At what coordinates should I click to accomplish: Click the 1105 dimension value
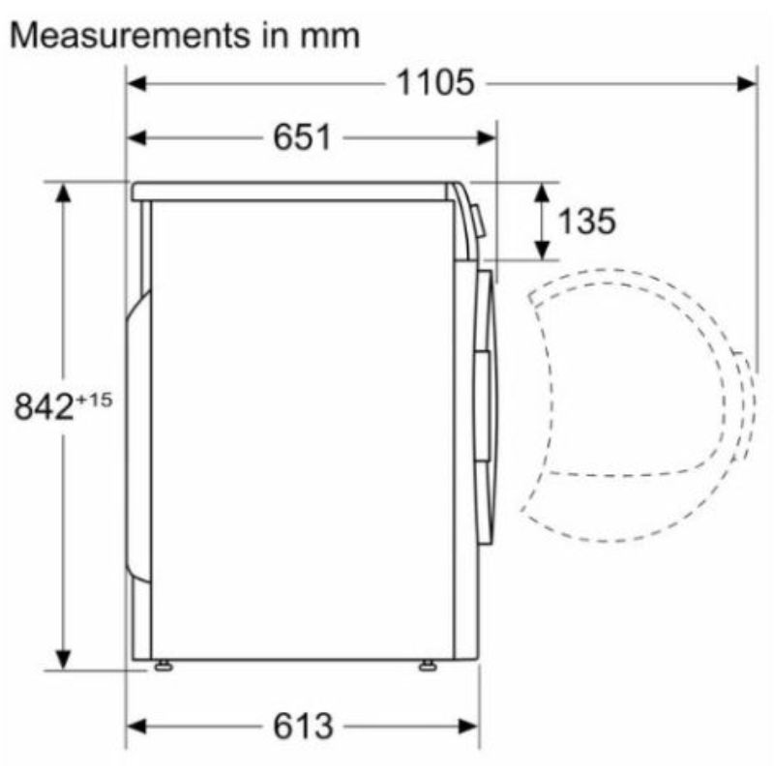click(x=435, y=82)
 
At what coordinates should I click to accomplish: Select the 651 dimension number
click(x=302, y=137)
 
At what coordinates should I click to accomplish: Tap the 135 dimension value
click(x=587, y=221)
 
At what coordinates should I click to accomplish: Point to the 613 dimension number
click(x=303, y=727)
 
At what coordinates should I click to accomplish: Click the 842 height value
click(x=44, y=406)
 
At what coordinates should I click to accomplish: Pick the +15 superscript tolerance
click(x=94, y=400)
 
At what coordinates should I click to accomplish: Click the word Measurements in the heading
click(x=131, y=36)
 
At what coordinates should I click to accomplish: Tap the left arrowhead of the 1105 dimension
click(x=136, y=83)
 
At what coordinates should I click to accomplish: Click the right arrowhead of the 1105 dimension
click(x=747, y=83)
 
